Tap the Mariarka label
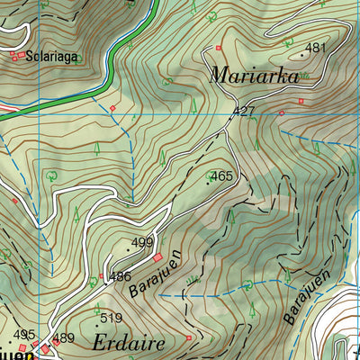(x=254, y=76)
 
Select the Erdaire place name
(x=128, y=342)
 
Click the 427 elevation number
(x=244, y=112)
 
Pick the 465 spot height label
(x=221, y=177)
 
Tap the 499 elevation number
(x=142, y=243)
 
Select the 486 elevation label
(x=121, y=276)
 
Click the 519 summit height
(x=111, y=318)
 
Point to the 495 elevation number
(x=23, y=334)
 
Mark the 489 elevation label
(x=64, y=338)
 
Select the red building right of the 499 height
(x=157, y=257)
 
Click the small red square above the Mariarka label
(x=218, y=47)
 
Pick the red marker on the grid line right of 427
(x=281, y=113)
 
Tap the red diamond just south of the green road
(x=112, y=109)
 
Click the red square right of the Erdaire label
(x=189, y=337)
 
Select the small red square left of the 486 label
(x=101, y=276)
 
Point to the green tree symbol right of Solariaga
(x=77, y=58)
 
